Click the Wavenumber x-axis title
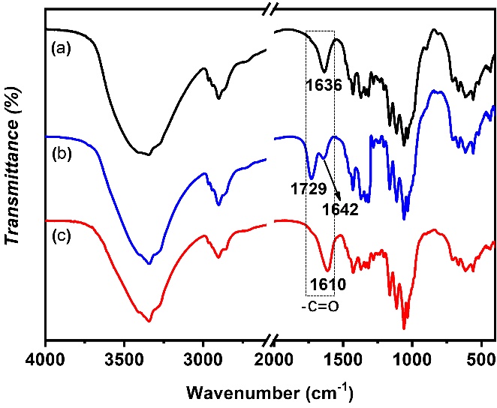click(x=268, y=392)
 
